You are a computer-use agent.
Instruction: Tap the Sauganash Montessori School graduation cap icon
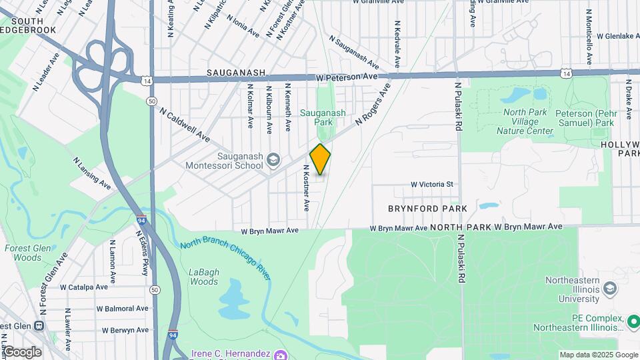[x=273, y=160]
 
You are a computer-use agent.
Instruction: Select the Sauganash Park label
[x=323, y=118]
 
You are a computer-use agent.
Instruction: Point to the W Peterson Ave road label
[x=347, y=77]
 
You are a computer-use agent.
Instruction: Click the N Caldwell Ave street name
[x=185, y=125]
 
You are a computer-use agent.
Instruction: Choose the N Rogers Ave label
[x=373, y=104]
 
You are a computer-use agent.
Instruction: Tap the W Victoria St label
[x=431, y=184]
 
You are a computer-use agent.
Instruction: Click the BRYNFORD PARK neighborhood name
[x=427, y=209]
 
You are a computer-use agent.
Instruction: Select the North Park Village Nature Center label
[x=525, y=121]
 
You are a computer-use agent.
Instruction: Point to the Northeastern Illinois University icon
[x=609, y=288]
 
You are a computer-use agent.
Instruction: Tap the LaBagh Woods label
[x=203, y=277]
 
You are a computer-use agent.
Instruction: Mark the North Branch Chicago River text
[x=225, y=259]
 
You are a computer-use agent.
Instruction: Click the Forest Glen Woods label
[x=23, y=253]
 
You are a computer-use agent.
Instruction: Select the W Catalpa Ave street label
[x=84, y=287]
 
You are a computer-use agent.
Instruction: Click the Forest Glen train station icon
[x=39, y=326]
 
